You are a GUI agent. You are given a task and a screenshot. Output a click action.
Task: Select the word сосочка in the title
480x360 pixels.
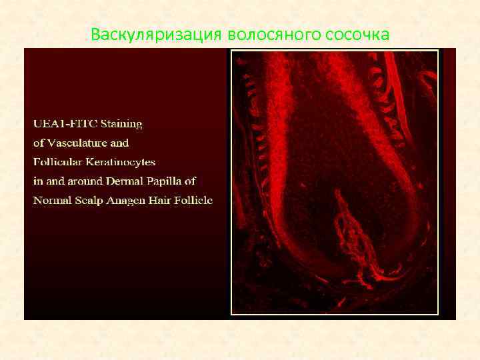pyautogui.click(x=358, y=34)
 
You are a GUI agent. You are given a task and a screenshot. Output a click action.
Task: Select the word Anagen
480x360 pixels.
pyautogui.click(x=128, y=200)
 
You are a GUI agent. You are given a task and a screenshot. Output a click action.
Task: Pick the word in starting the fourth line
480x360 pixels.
pyautogui.click(x=38, y=181)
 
